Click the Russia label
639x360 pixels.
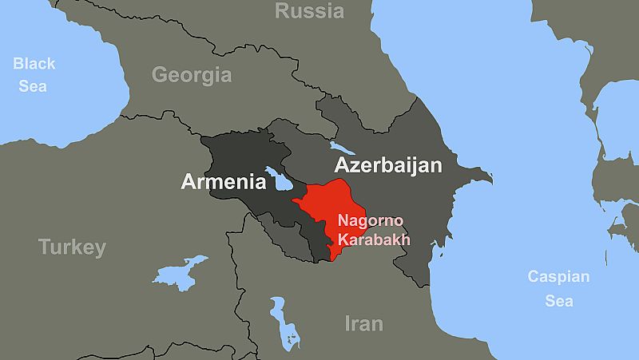pos(310,11)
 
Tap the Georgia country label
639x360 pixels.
pos(192,75)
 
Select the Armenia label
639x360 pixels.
pos(224,182)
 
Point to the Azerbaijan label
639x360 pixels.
pos(388,165)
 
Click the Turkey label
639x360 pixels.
pos(72,247)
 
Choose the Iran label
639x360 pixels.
pos(363,324)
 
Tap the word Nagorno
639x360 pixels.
pos(371,221)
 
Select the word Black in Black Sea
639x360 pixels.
pos(34,64)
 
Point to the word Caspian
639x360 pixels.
pos(558,278)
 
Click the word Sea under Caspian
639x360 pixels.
pos(558,302)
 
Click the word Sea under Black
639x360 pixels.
pos(33,86)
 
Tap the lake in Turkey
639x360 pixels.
pos(181,271)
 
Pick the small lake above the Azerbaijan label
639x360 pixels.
pos(343,148)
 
